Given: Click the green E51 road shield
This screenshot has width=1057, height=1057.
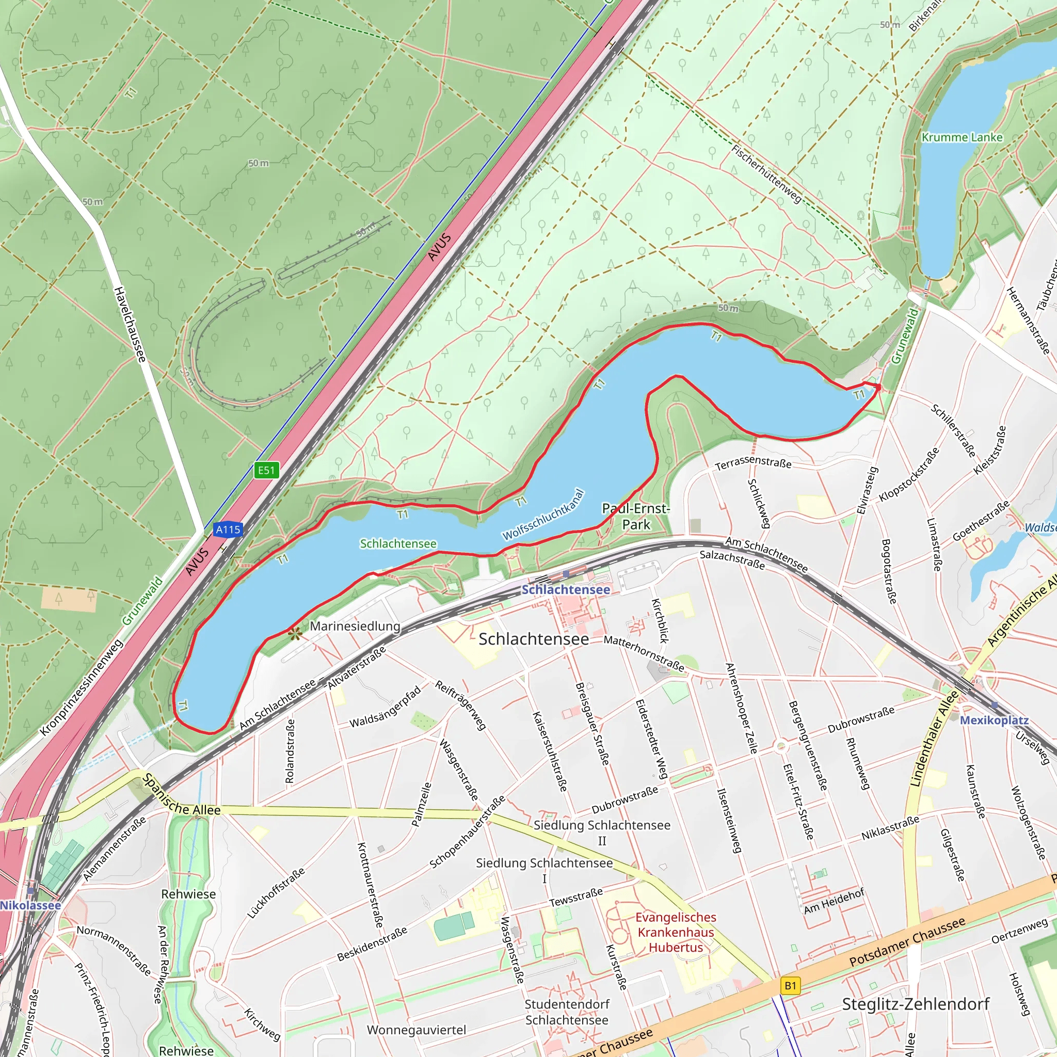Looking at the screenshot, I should point(266,470).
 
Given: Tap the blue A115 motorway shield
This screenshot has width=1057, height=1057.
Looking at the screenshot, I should point(228,530).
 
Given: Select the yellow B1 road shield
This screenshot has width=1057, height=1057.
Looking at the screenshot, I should point(791,986).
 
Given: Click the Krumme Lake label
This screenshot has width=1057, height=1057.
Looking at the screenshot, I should point(962,137).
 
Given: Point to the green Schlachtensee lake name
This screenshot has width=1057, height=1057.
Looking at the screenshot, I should point(398,544).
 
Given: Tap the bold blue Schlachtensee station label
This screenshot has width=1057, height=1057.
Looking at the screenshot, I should point(565,590).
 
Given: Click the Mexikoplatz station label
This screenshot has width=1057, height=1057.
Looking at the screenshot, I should point(994,720).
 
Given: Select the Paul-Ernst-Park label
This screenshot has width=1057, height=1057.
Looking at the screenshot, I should point(636,517).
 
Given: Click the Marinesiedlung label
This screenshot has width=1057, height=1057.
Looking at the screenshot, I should point(355,626).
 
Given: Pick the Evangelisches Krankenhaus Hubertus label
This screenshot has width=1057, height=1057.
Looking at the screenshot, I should point(676,932).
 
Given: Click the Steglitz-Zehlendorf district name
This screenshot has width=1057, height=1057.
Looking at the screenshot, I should point(915,1004).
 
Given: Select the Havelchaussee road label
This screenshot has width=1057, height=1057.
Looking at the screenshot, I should point(130,325).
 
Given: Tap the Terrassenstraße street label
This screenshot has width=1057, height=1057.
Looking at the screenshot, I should point(754,463).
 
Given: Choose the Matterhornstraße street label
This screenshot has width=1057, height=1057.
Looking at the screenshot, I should point(644,653).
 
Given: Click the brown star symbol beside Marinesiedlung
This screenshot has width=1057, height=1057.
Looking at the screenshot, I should point(295,634).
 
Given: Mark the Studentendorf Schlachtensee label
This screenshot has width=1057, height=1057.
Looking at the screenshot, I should point(567,1012).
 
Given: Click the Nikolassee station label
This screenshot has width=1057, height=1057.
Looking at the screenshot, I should point(30,905).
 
